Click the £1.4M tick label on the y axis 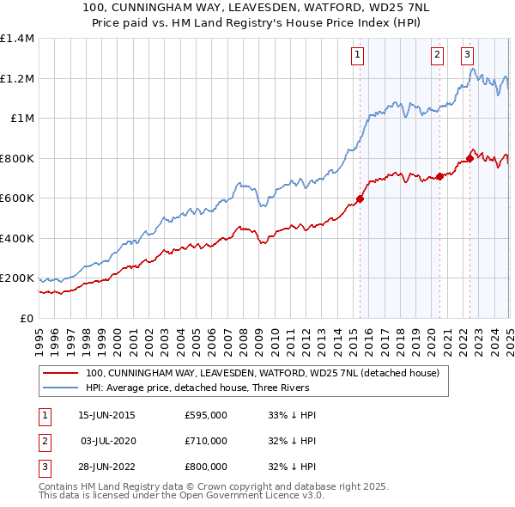coord(16,39)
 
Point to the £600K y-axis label coord(16,199)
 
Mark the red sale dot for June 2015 coord(360,199)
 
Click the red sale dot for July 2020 coord(439,176)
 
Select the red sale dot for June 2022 coord(470,159)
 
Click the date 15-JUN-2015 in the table coord(106,415)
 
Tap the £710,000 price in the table coord(205,441)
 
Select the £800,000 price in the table coord(205,467)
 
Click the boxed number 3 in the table coord(44,467)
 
